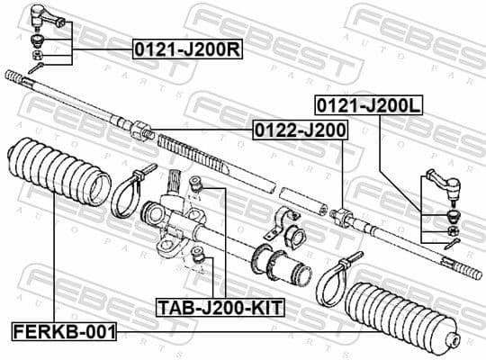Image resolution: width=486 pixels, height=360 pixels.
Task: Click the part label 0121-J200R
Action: point(186,50)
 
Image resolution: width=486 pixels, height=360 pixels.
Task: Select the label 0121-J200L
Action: point(367,104)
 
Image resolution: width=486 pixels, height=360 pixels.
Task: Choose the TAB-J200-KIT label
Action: point(220,308)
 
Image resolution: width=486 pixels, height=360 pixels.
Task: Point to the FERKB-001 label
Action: point(64,332)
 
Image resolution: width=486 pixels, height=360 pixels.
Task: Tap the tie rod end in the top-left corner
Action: point(42,16)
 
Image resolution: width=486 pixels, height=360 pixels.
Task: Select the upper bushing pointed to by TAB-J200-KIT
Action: point(202,187)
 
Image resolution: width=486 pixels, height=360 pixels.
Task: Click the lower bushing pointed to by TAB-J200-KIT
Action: point(202,264)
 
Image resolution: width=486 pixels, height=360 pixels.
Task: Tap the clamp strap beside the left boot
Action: point(131,192)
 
